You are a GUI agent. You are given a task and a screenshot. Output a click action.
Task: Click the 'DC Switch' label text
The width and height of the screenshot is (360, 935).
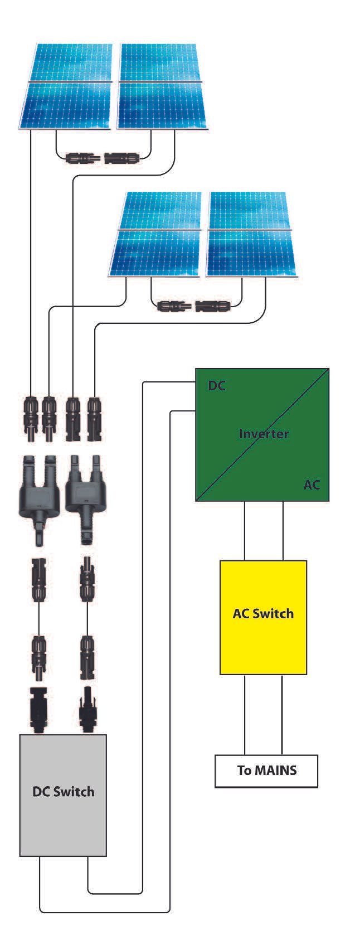63,792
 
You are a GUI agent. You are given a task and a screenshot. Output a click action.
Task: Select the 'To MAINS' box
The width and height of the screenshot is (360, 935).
266,771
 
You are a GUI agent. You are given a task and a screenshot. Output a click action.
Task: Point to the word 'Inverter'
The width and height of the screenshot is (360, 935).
264,433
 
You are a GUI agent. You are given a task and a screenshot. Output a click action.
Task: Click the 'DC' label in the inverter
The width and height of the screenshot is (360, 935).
217,386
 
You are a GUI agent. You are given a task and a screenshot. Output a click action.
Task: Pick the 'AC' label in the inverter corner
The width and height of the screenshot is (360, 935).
312,485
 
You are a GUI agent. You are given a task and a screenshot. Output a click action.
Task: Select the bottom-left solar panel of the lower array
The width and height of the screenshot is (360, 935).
154,253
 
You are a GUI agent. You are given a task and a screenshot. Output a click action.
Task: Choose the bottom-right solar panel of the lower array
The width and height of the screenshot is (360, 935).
251,253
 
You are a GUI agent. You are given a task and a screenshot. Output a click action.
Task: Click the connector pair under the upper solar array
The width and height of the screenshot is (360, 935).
103,158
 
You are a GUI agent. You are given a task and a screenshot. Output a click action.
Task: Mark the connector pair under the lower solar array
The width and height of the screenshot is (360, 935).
193,306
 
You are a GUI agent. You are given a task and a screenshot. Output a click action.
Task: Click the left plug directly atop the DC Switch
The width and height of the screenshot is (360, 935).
38,708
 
